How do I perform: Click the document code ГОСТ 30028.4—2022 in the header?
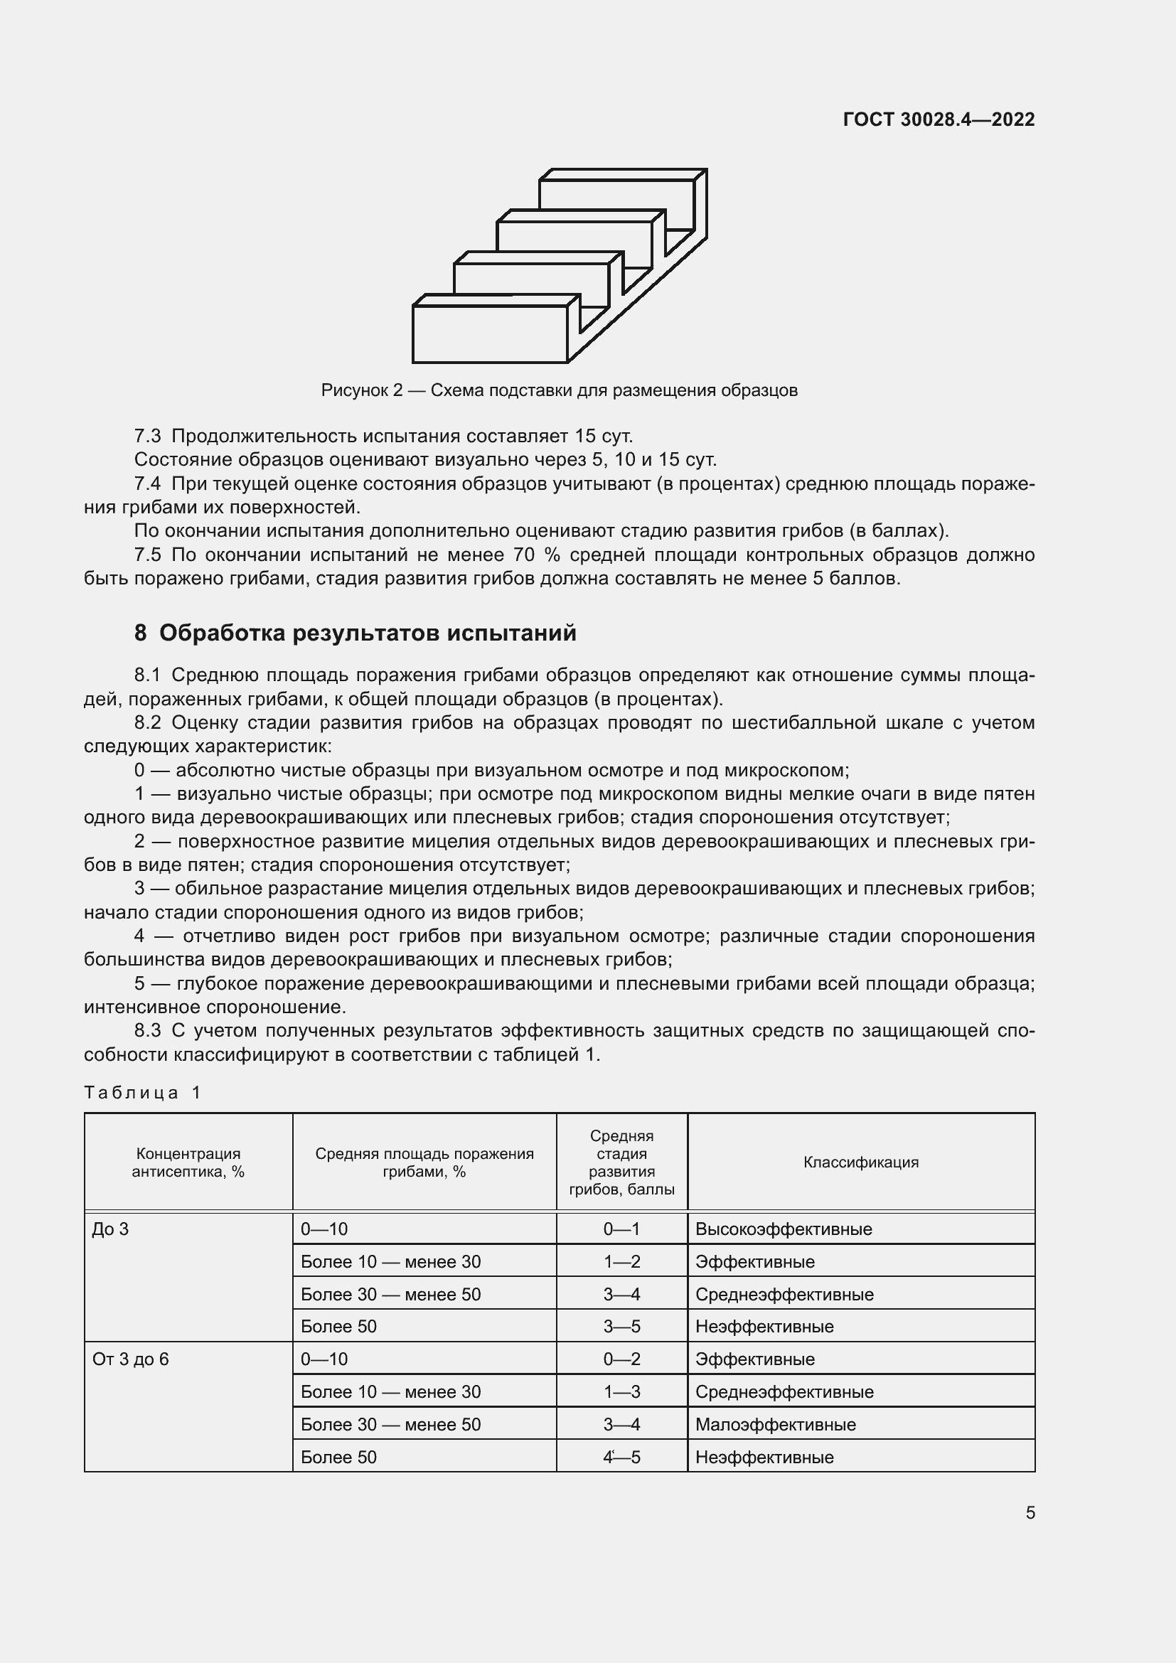click(939, 119)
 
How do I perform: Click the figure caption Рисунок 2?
click(361, 390)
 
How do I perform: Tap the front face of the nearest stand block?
click(489, 333)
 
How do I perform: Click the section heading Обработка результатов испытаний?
click(368, 633)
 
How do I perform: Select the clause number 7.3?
click(148, 436)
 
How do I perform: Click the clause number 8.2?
click(148, 722)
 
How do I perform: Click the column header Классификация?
click(860, 1162)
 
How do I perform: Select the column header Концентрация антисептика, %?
click(188, 1162)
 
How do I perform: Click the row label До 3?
click(110, 1229)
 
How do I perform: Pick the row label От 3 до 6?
click(130, 1359)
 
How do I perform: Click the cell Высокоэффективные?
click(784, 1229)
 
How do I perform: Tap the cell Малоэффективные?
click(776, 1425)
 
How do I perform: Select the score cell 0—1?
click(621, 1229)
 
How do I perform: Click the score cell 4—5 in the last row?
click(621, 1458)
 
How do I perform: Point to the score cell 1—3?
click(621, 1392)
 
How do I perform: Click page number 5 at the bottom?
click(1030, 1513)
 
